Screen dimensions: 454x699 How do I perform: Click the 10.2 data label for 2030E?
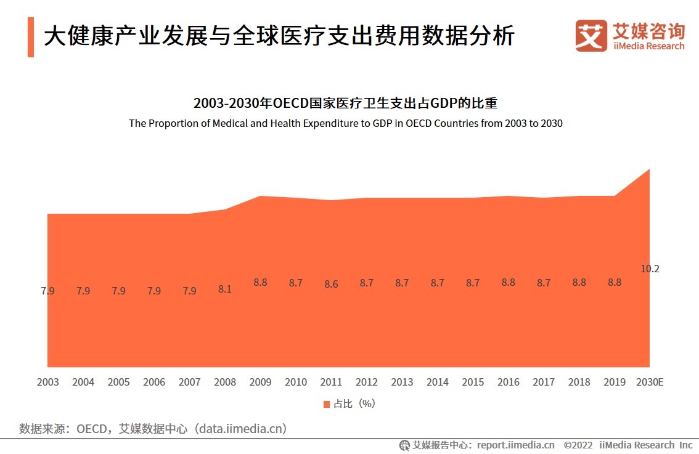(650, 269)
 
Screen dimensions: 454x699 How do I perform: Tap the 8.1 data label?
(225, 288)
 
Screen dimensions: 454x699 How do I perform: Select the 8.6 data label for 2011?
(331, 285)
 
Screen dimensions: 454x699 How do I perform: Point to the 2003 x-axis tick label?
(47, 382)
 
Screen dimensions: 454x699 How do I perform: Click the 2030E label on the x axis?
(650, 382)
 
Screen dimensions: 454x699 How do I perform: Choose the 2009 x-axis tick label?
(260, 382)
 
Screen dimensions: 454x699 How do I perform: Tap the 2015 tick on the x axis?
(473, 382)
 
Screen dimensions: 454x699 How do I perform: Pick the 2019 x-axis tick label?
(615, 382)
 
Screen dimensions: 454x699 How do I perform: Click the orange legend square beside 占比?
(327, 404)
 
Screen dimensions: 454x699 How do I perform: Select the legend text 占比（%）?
(354, 404)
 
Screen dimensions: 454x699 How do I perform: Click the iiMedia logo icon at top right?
(591, 36)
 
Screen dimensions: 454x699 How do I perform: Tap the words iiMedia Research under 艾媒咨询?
(648, 46)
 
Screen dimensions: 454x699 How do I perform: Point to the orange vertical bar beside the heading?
(31, 37)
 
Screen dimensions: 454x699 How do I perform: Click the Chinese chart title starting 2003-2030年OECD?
(345, 102)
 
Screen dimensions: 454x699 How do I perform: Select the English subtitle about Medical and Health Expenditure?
(345, 123)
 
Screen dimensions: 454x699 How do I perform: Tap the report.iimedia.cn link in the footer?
(515, 445)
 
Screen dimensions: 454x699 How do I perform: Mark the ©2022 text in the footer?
(578, 445)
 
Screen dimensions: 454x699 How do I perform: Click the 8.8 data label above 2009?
(260, 283)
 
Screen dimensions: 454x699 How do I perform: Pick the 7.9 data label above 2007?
(189, 291)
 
